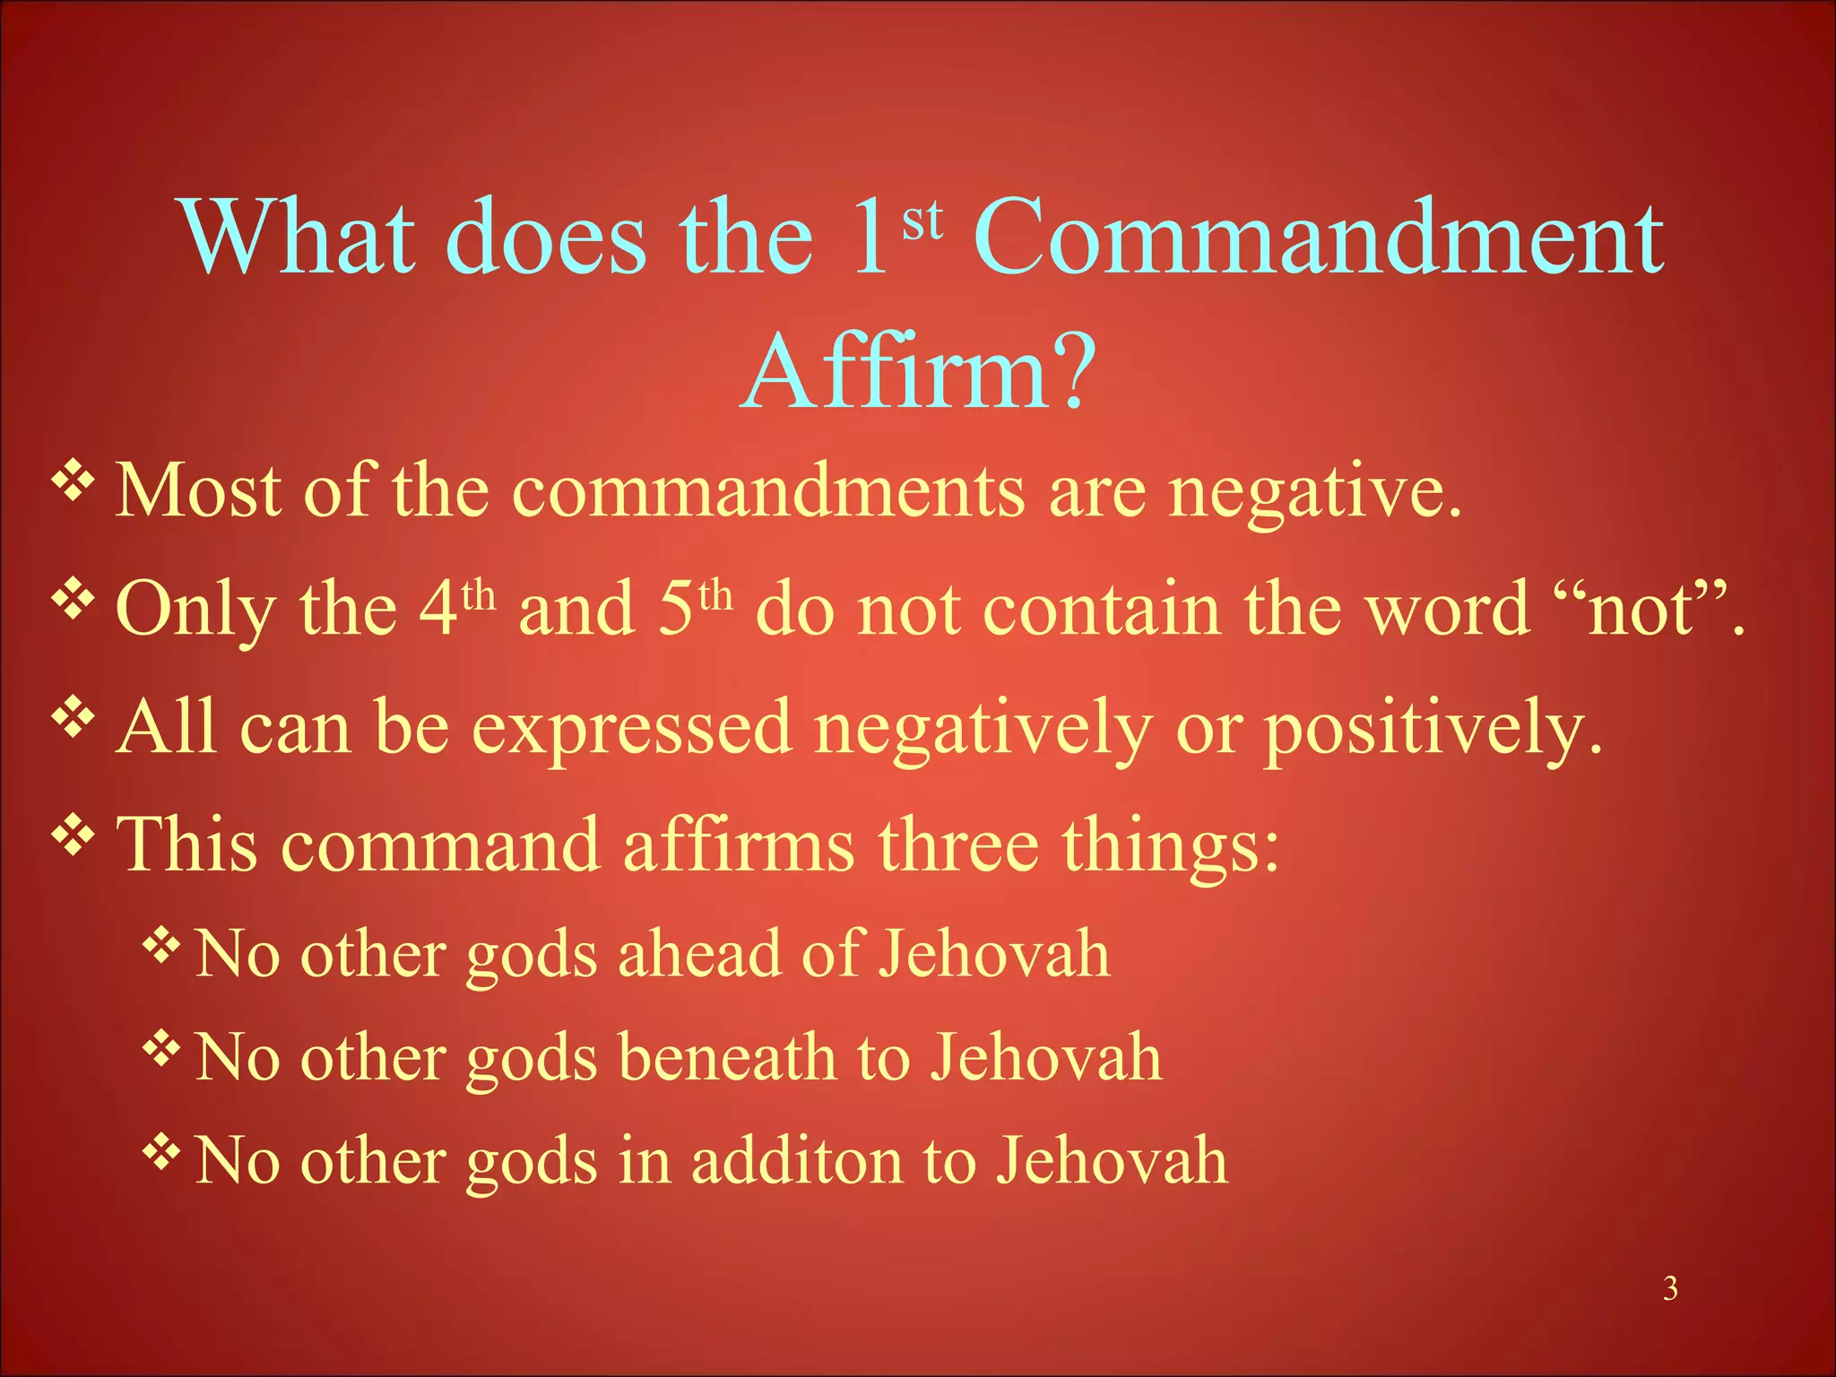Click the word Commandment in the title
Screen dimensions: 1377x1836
[1318, 238]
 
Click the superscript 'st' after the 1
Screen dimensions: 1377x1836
[922, 220]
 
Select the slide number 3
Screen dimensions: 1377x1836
[1670, 1288]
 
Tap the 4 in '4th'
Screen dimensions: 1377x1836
[438, 610]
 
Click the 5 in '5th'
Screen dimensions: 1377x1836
[677, 610]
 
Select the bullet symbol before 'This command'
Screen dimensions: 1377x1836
[74, 836]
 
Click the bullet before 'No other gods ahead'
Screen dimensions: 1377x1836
[162, 945]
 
